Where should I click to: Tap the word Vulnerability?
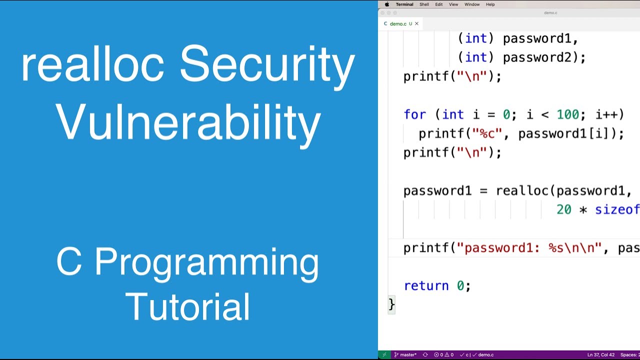click(x=188, y=122)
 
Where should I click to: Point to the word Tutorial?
click(x=188, y=306)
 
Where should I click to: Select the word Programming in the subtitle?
click(x=206, y=262)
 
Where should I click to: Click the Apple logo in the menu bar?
click(x=386, y=4)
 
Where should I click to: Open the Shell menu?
click(x=424, y=4)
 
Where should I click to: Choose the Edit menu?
click(x=438, y=4)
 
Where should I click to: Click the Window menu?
click(x=472, y=4)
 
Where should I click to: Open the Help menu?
click(x=490, y=4)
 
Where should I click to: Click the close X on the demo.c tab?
click(x=416, y=23)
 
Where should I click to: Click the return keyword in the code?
click(x=426, y=285)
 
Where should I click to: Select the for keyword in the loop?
click(x=414, y=114)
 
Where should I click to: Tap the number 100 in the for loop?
click(x=567, y=114)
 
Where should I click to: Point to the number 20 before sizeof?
click(x=563, y=209)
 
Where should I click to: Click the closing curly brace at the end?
click(x=391, y=304)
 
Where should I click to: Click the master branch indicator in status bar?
click(x=405, y=355)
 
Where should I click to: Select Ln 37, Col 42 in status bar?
click(x=600, y=355)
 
